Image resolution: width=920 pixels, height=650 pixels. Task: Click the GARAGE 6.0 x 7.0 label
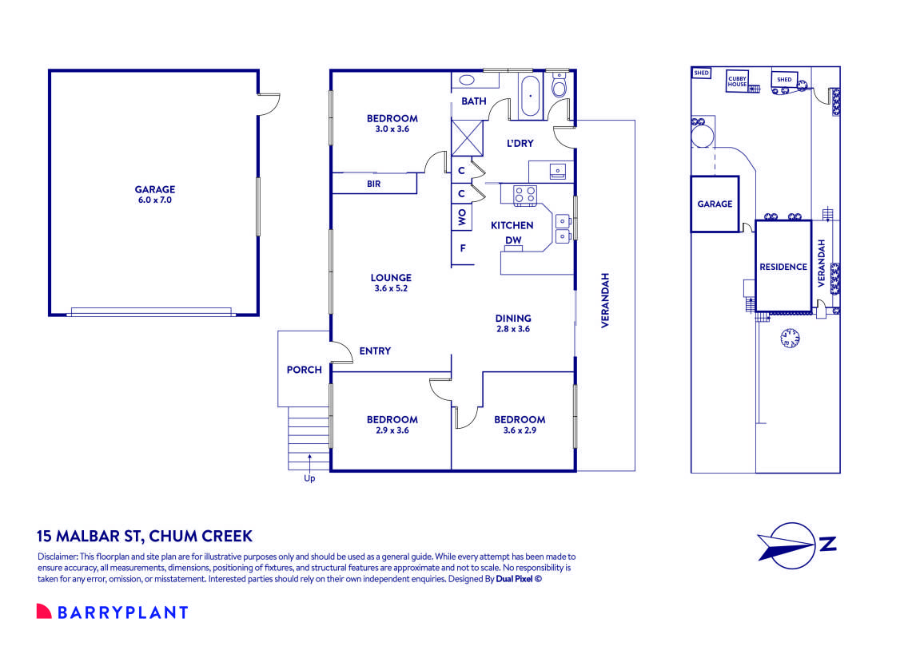point(154,195)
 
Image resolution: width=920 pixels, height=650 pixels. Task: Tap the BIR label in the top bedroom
point(373,184)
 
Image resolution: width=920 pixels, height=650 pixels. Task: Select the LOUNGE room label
point(391,283)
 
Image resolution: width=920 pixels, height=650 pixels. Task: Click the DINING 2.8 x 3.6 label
point(512,323)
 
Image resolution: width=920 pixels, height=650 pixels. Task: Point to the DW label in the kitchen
point(512,240)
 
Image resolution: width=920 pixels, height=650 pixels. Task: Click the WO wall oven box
point(462,216)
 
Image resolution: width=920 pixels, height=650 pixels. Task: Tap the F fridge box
point(462,248)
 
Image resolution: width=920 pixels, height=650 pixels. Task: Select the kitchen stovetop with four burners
point(524,195)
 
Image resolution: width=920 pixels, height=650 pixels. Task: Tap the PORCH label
point(304,370)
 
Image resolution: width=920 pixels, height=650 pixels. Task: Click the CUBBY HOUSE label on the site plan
point(736,81)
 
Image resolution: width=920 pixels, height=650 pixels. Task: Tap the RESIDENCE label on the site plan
point(783,267)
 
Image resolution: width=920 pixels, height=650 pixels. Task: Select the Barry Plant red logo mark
point(44,612)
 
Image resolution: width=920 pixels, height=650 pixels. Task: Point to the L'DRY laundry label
point(520,144)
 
